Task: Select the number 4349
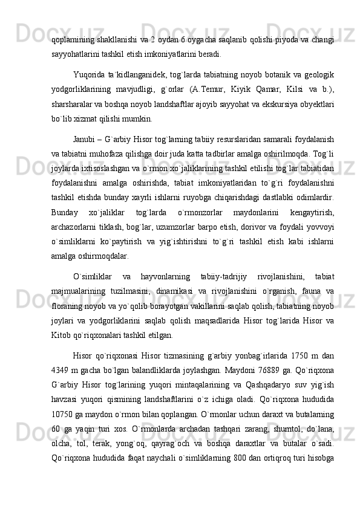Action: (61, 370)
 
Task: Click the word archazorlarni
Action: (75, 229)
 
